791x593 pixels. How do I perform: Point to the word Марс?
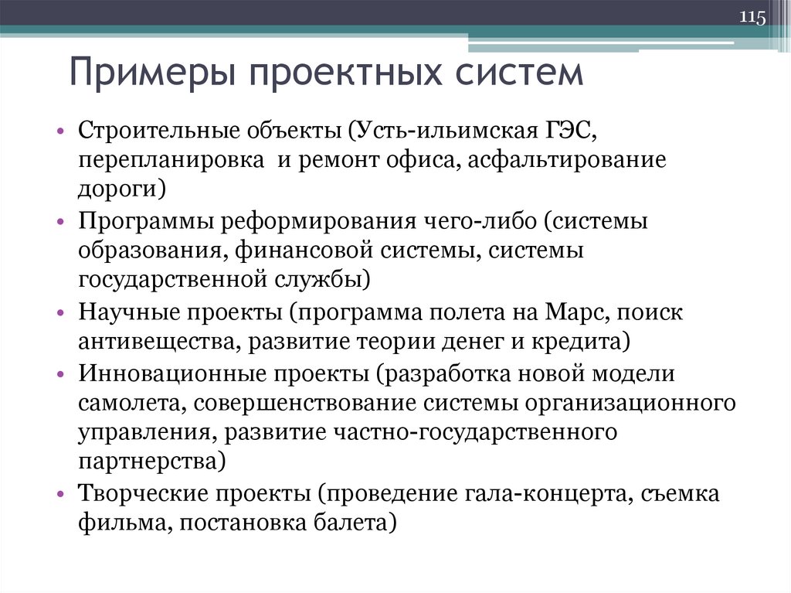(x=591, y=312)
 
